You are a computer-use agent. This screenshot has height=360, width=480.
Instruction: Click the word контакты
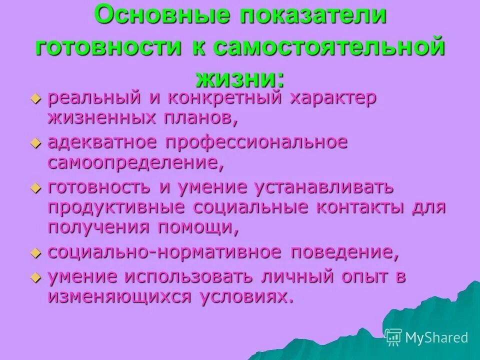(358, 207)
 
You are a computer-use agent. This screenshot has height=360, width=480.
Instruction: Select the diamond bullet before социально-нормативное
(34, 253)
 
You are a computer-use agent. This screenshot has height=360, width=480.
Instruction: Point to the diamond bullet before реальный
(34, 99)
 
